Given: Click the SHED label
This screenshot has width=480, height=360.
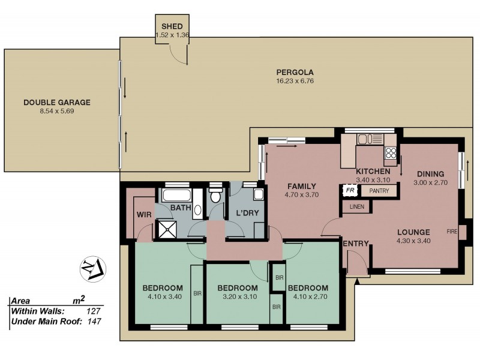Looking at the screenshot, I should (x=172, y=27).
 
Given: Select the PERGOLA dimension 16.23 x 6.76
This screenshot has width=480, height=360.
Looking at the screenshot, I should (x=295, y=81).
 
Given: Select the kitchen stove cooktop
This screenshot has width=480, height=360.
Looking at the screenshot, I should (x=391, y=152).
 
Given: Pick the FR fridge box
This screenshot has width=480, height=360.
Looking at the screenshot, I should (x=350, y=191).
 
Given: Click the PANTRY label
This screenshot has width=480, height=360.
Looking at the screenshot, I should (x=379, y=191).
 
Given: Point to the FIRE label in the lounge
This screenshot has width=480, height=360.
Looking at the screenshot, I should (x=452, y=231).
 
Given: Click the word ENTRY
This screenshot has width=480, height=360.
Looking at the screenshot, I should (x=355, y=243).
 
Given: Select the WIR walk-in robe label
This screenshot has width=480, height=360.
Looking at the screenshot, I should (x=143, y=214).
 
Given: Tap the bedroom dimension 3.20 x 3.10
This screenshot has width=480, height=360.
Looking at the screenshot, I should (x=237, y=296).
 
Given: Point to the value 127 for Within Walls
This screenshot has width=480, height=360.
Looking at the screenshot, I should (x=92, y=311).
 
